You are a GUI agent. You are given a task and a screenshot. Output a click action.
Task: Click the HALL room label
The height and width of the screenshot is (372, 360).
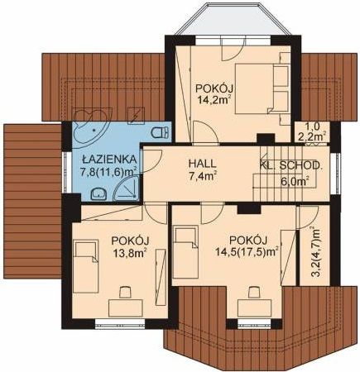(x=202, y=164)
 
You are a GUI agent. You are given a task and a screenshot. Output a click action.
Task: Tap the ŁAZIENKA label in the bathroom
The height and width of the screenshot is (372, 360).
(x=109, y=160)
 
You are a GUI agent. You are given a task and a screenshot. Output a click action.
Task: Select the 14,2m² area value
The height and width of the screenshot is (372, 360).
(x=214, y=99)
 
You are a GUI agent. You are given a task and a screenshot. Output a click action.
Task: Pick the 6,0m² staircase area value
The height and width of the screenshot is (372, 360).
(x=295, y=181)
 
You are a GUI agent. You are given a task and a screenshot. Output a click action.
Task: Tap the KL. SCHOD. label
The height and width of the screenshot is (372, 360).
(x=290, y=165)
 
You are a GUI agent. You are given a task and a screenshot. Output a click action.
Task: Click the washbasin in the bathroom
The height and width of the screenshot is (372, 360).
(x=99, y=193)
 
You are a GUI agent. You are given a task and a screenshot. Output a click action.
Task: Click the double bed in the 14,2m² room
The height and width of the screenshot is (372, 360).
(x=262, y=88)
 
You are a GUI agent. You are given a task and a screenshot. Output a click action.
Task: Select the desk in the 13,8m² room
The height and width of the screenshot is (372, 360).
(x=126, y=308)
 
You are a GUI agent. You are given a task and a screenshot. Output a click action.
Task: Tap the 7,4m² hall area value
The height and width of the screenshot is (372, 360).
(x=202, y=176)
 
